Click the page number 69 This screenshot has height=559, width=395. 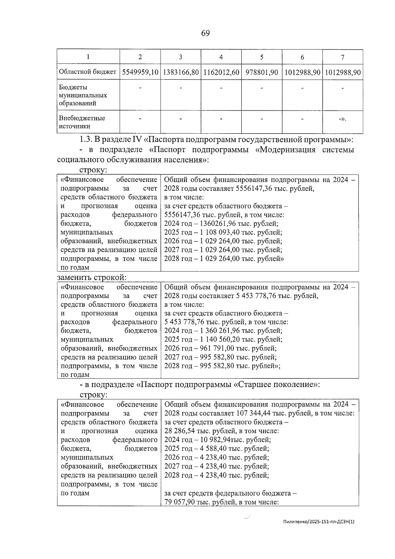tap(205, 33)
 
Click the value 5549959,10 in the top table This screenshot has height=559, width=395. tap(140, 72)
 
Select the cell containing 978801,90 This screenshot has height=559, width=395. tap(262, 72)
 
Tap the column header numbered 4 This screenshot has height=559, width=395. tap(221, 57)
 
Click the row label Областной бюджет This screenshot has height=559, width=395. tap(87, 71)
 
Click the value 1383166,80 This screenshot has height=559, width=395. tap(181, 72)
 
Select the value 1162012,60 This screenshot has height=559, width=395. tap(221, 72)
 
